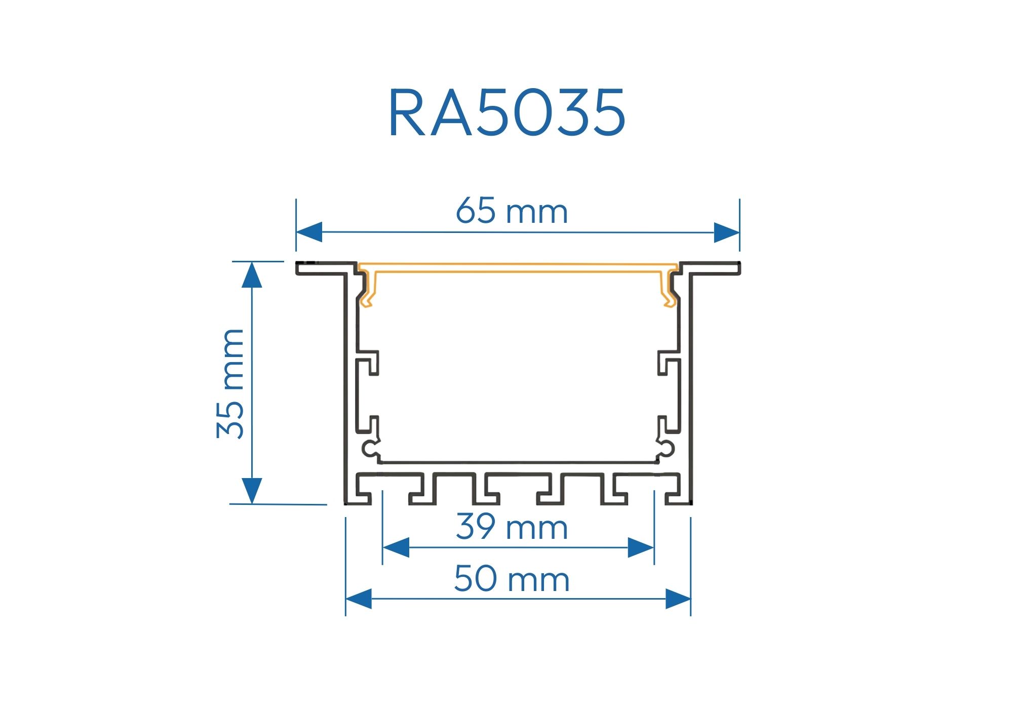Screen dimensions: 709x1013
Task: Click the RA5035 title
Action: point(507,112)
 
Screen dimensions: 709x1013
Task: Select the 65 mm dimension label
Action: point(512,211)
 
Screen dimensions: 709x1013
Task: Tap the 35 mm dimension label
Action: point(230,383)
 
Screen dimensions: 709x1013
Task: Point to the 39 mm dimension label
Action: point(512,527)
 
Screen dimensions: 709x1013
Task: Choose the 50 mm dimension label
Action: point(512,579)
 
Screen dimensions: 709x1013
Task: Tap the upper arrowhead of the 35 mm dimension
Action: point(252,275)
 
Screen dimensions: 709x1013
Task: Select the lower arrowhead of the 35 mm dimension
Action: point(252,491)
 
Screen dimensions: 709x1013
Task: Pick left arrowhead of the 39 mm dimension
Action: point(396,548)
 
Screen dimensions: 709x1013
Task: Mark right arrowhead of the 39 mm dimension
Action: point(641,548)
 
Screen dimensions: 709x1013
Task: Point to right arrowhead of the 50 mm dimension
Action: point(678,599)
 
